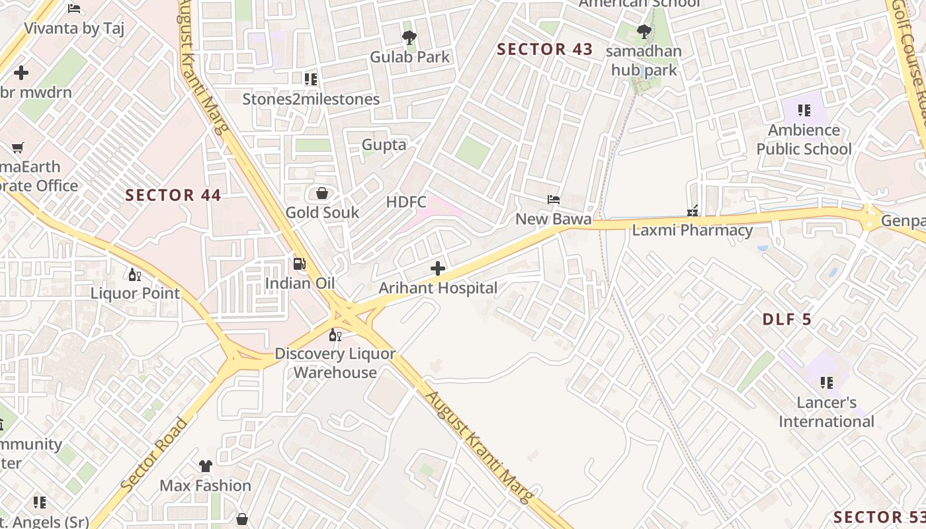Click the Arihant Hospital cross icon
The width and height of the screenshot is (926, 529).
click(438, 268)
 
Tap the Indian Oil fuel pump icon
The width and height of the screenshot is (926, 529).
click(300, 264)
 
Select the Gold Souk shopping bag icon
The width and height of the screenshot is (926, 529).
click(322, 193)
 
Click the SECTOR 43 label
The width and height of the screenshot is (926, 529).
click(545, 49)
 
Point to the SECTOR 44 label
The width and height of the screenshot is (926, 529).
click(173, 195)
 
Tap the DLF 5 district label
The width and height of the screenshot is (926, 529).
click(787, 319)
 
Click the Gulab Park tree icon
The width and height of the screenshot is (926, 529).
click(409, 37)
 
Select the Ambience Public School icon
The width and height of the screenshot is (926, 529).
click(804, 110)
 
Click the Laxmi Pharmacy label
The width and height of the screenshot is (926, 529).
click(692, 230)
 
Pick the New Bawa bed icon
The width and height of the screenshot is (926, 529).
click(553, 199)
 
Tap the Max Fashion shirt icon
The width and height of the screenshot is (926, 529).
click(205, 466)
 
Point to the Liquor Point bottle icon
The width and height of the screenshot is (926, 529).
click(134, 274)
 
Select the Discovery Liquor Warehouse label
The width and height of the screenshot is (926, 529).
click(335, 363)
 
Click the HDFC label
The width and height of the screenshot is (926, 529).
click(406, 202)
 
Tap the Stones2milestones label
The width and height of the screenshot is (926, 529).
click(311, 99)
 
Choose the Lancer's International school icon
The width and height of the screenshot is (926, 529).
click(826, 382)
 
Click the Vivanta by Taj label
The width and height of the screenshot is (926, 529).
click(74, 28)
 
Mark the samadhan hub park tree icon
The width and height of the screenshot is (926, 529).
click(644, 31)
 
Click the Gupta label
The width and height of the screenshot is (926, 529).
click(384, 144)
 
